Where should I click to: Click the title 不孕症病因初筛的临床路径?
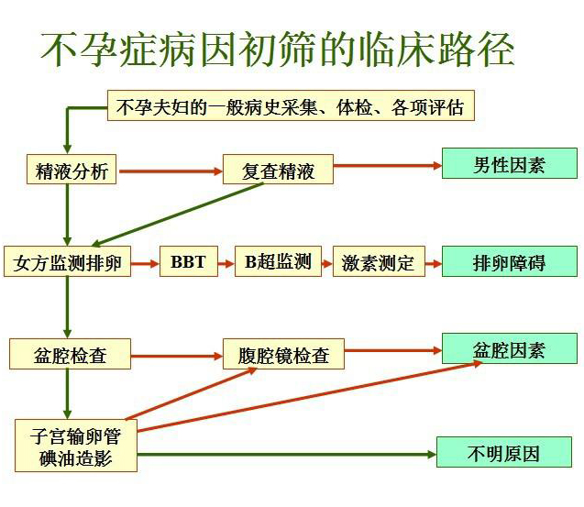click(x=278, y=50)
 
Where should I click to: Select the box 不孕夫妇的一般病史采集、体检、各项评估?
click(x=291, y=105)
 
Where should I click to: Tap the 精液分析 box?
click(x=72, y=170)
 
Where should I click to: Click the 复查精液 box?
click(x=278, y=170)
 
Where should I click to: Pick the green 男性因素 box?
click(x=510, y=163)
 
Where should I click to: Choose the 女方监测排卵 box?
click(x=68, y=261)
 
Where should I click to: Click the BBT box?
click(x=189, y=261)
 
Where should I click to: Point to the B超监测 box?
click(x=278, y=261)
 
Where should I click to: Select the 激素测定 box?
click(x=379, y=261)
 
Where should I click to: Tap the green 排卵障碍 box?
click(x=510, y=261)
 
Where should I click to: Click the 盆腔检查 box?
click(x=70, y=354)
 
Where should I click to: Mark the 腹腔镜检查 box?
click(x=283, y=354)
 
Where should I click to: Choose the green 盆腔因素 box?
click(x=510, y=348)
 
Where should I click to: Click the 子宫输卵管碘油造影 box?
click(x=76, y=446)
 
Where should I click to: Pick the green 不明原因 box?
click(x=504, y=452)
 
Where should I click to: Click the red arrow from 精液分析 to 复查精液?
click(x=171, y=171)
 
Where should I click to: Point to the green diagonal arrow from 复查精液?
click(x=178, y=215)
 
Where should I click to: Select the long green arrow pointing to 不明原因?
click(x=287, y=454)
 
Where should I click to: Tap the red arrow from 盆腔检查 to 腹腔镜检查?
click(x=177, y=356)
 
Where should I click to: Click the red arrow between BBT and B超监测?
click(x=226, y=264)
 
